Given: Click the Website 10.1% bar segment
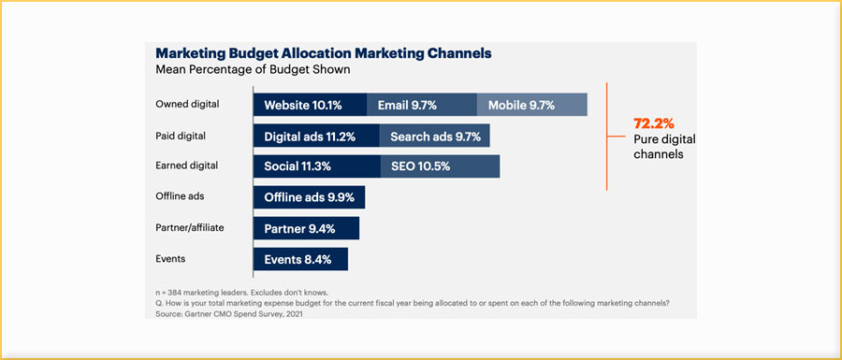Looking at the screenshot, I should (310, 105).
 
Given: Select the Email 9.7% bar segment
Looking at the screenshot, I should (421, 105).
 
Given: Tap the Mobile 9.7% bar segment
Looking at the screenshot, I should (531, 105).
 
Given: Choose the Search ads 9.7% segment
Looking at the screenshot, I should (434, 137).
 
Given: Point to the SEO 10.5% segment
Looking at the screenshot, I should (440, 166).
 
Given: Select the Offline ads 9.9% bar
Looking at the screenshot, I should (309, 197).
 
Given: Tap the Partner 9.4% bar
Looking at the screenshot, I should (306, 228).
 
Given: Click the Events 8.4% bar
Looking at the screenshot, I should (300, 259).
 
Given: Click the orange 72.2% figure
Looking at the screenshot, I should (654, 123).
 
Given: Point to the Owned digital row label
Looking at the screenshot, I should (186, 105).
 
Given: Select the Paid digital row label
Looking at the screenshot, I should (181, 137).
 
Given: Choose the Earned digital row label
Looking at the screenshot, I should (186, 166).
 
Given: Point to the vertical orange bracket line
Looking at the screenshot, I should (608, 136).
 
